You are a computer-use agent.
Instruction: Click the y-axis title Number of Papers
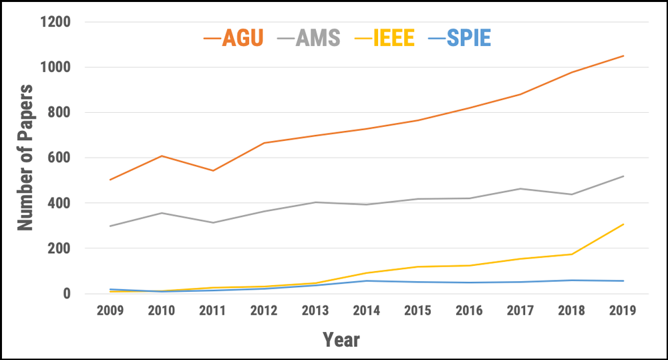[x=25, y=158]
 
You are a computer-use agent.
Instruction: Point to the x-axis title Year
[x=341, y=339]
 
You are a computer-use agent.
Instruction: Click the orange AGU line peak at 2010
[x=161, y=156]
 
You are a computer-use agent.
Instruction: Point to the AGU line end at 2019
[x=623, y=56]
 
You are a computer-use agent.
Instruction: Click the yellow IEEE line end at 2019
[x=623, y=224]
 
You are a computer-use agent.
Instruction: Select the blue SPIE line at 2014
[x=367, y=281]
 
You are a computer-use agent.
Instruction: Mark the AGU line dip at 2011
[x=212, y=170]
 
